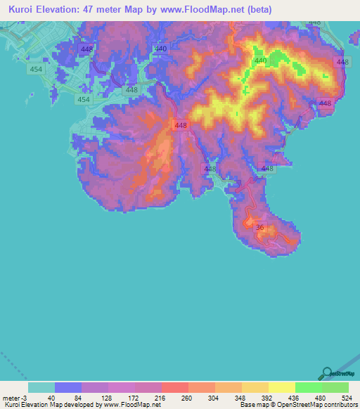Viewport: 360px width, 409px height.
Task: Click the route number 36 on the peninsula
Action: pyautogui.click(x=260, y=227)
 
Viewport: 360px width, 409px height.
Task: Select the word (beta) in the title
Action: pyautogui.click(x=256, y=10)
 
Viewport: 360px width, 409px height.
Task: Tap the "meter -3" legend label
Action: pyautogui.click(x=15, y=398)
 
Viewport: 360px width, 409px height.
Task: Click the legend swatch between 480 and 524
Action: pyautogui.click(x=335, y=387)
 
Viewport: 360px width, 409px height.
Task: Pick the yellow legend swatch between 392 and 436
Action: pyautogui.click(x=282, y=387)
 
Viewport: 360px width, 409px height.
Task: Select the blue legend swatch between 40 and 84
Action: pyautogui.click(x=68, y=387)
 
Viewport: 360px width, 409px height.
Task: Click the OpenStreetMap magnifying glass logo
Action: pyautogui.click(x=328, y=372)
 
